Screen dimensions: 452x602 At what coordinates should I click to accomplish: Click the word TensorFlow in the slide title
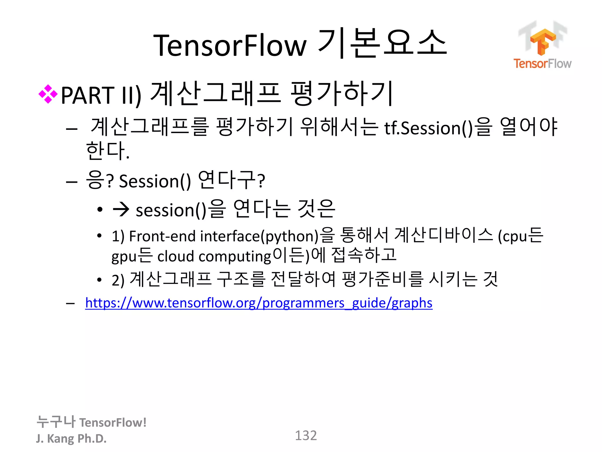point(230,46)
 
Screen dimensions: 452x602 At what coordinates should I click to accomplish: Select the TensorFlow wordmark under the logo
point(542,64)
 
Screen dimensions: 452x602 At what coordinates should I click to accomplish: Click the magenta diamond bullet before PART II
point(48,94)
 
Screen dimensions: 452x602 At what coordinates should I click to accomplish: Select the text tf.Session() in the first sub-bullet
point(428,128)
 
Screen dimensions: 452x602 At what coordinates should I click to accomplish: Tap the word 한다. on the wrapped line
point(108,151)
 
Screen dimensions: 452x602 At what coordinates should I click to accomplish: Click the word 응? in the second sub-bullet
point(99,180)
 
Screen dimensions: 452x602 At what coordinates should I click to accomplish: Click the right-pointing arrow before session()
point(121,210)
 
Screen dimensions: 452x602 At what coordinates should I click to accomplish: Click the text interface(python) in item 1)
point(259,236)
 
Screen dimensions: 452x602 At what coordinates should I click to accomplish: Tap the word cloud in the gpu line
point(175,256)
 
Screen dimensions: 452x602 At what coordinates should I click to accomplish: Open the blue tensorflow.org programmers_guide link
point(259,303)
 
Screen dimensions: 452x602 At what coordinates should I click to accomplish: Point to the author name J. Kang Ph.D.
point(71,438)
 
